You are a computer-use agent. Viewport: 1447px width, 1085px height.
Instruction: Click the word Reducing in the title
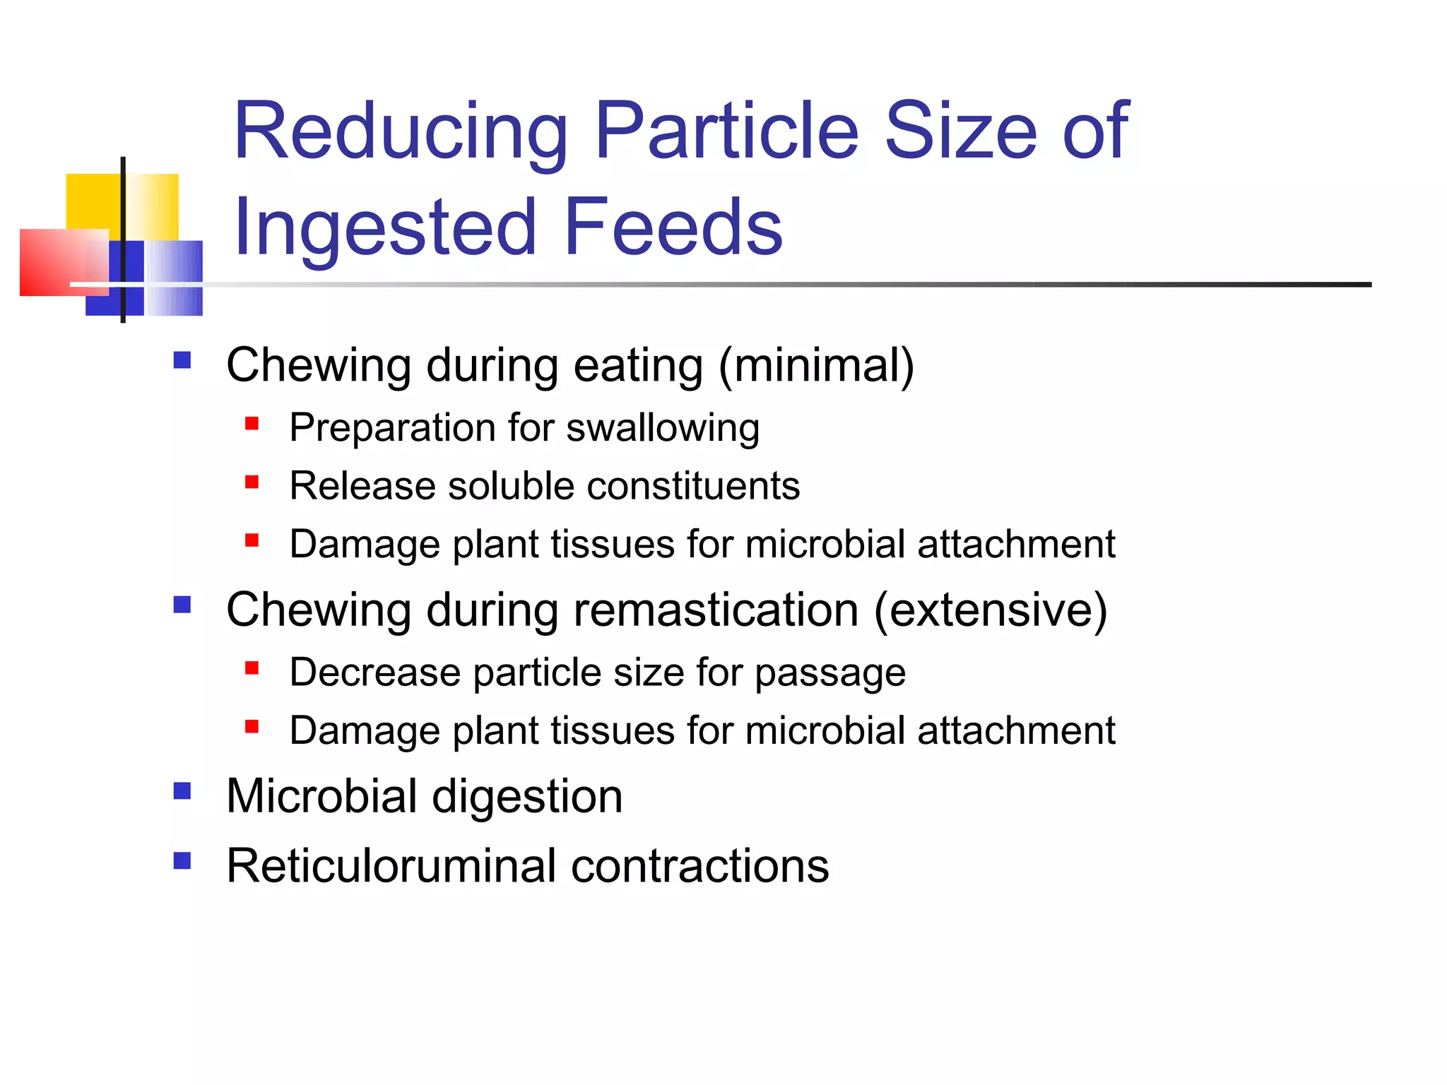click(x=401, y=132)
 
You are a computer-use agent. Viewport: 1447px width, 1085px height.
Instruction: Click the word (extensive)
click(x=991, y=610)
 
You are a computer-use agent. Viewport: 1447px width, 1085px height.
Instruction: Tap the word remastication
click(x=715, y=610)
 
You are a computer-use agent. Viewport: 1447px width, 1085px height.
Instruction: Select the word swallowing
click(x=663, y=429)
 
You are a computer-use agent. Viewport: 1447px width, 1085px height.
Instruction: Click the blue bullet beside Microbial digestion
click(x=182, y=790)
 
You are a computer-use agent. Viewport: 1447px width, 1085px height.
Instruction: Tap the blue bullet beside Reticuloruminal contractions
click(x=182, y=860)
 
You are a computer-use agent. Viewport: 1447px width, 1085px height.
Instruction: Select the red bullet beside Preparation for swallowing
click(x=252, y=424)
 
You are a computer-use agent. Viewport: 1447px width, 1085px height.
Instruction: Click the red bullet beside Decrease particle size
click(x=252, y=668)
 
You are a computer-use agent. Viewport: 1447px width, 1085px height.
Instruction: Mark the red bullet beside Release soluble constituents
click(x=252, y=482)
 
